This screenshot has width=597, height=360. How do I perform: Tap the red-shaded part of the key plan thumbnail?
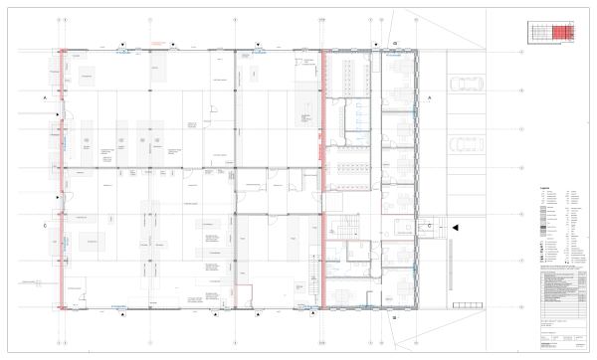pyautogui.click(x=563, y=33)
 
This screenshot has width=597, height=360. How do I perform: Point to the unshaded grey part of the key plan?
pyautogui.click(x=538, y=33)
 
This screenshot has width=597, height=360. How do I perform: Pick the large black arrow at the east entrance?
pyautogui.click(x=454, y=228)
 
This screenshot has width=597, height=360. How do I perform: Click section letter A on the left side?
pyautogui.click(x=45, y=100)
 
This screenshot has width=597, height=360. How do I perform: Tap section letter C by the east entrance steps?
pyautogui.click(x=429, y=225)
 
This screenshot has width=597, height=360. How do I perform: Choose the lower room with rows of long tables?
pyautogui.click(x=349, y=163)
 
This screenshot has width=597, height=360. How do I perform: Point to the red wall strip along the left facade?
pyautogui.click(x=63, y=179)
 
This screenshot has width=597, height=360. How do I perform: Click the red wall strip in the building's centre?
pyautogui.click(x=322, y=179)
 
